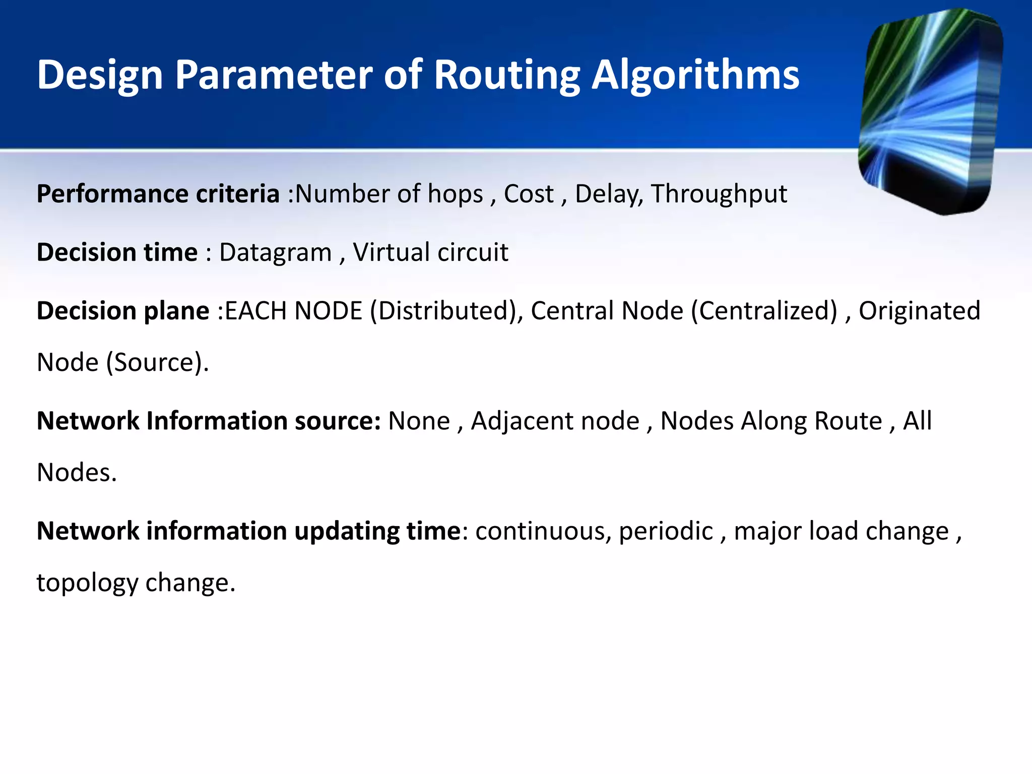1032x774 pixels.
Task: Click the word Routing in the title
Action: coord(507,76)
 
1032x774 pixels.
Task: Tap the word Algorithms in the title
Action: coord(695,76)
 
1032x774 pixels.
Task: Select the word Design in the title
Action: coord(100,76)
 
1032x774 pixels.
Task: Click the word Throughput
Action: coord(719,194)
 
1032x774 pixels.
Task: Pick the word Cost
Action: coord(529,194)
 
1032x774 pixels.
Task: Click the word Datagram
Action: coord(275,252)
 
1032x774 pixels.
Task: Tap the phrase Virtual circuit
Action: coord(430,252)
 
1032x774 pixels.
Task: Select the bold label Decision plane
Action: coord(123,311)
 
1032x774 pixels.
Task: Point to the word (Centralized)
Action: coord(764,311)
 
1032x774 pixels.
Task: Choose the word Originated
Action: coord(920,311)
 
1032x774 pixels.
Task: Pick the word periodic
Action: coord(666,531)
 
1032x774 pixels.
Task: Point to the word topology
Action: coord(87,583)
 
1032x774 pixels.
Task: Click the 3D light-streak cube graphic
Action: coord(930,111)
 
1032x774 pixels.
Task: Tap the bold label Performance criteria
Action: coord(158,194)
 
